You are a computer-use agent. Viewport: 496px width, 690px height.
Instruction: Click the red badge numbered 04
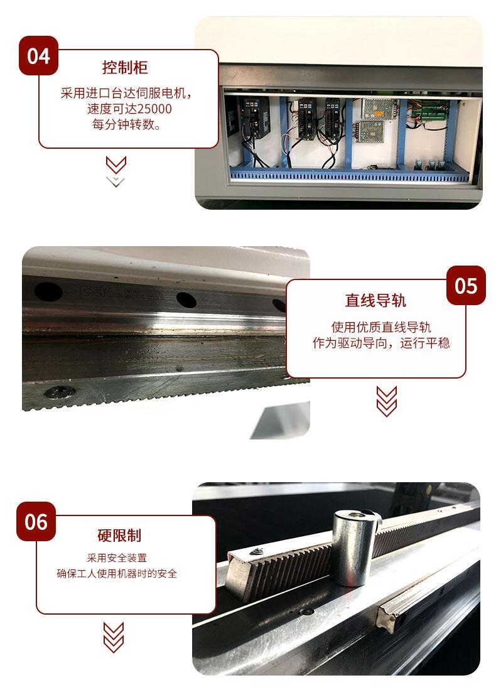(38, 56)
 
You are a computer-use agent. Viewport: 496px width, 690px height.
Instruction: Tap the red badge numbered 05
(466, 285)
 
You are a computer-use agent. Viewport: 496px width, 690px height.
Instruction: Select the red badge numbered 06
(36, 522)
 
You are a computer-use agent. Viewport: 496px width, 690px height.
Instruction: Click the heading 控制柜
(125, 67)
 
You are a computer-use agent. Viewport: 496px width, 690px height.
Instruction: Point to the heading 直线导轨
(375, 301)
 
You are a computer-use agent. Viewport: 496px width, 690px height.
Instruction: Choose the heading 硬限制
(119, 535)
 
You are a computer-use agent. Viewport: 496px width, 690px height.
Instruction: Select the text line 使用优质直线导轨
(380, 327)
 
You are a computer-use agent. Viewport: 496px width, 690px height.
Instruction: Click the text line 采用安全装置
(117, 558)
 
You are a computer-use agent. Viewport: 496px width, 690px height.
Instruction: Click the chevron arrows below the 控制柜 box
(116, 171)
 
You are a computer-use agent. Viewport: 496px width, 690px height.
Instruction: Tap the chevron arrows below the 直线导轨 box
(387, 401)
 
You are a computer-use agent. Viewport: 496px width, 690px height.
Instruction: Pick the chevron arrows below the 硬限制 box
(114, 637)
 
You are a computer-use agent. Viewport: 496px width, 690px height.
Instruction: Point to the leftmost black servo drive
(254, 117)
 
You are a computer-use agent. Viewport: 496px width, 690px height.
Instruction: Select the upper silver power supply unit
(379, 108)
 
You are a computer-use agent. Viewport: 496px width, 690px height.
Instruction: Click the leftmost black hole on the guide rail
(48, 291)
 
